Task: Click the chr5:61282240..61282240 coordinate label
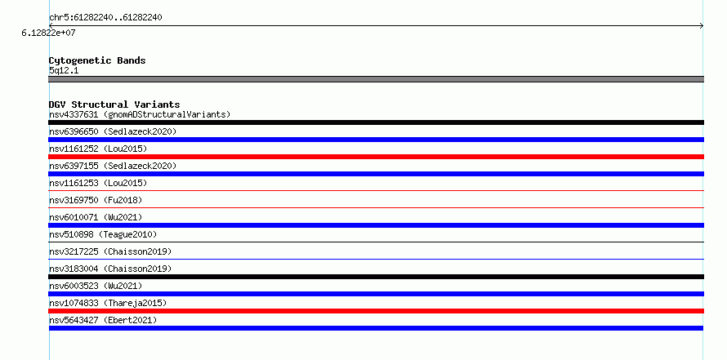coord(105,18)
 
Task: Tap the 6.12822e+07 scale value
coord(48,33)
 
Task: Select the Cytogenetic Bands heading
coord(97,60)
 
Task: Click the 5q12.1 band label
coord(64,70)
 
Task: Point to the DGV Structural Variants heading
coord(114,104)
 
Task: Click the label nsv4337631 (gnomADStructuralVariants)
coord(140,114)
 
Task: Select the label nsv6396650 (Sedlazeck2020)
coord(113,131)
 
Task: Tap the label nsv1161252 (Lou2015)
coord(98,149)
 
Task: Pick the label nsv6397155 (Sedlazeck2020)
coord(113,166)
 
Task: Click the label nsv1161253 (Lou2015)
coord(98,183)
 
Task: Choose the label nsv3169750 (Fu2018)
coord(96,200)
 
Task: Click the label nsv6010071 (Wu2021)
coord(96,217)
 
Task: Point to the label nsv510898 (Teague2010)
coord(103,234)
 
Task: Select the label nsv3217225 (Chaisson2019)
coord(110,251)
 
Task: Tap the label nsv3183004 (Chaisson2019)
coord(110,269)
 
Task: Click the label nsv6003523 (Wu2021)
coord(96,286)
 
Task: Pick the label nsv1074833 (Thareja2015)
coord(108,303)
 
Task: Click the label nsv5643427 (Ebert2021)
coord(103,320)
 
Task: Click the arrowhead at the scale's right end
coord(702,26)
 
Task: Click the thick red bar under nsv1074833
coord(376,311)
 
